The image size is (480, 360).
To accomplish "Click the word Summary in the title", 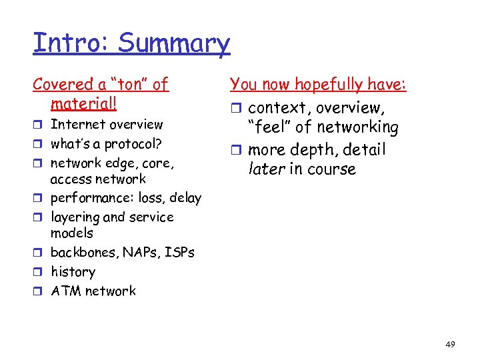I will (174, 43).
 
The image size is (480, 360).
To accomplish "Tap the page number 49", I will (450, 344).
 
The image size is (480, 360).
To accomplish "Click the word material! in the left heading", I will (83, 104).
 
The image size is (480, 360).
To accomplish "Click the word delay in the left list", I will (185, 197).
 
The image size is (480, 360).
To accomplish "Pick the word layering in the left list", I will (75, 217).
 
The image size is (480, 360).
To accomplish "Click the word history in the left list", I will (73, 272).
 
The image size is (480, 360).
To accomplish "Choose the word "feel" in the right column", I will (269, 127).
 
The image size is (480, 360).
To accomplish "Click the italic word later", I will (267, 169).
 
